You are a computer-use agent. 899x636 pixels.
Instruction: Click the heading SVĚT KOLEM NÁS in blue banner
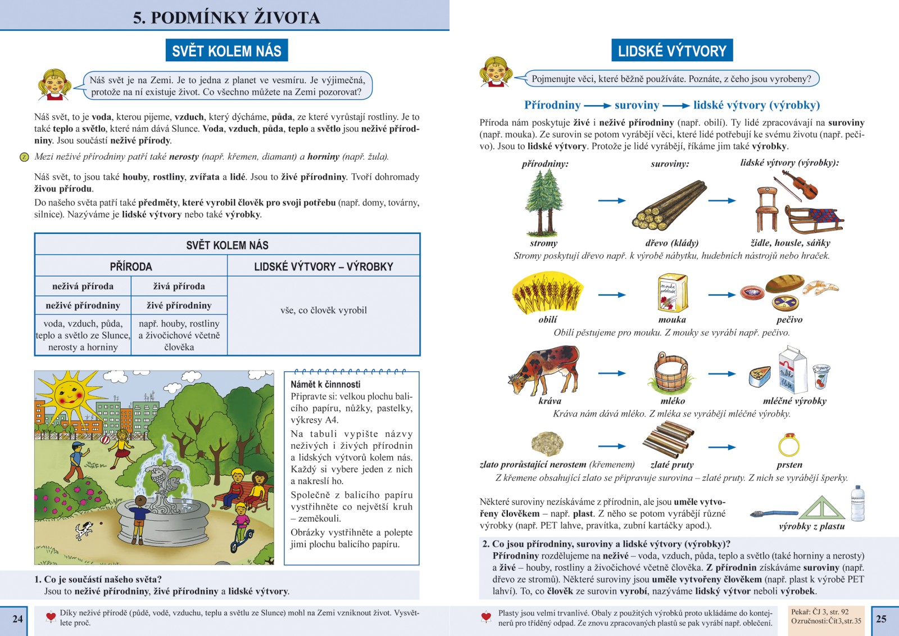[226, 51]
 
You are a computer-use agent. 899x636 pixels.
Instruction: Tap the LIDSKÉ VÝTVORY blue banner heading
[671, 51]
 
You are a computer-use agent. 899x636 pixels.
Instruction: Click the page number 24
[17, 619]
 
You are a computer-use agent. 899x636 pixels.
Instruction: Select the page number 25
[881, 619]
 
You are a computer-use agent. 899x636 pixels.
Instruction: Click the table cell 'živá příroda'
[179, 286]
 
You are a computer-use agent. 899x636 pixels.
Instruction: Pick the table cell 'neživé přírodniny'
[83, 305]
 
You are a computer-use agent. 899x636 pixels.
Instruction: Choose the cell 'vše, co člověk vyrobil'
[323, 310]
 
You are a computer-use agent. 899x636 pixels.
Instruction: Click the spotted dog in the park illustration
[85, 530]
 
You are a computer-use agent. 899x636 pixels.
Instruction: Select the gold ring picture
[789, 445]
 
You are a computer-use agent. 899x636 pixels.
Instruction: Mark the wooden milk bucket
[672, 372]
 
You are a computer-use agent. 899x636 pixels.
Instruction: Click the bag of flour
[673, 292]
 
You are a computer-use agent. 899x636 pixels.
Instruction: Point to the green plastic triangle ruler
[821, 508]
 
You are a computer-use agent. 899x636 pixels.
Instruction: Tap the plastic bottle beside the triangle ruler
[857, 503]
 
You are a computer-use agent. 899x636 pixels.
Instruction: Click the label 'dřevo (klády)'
[671, 243]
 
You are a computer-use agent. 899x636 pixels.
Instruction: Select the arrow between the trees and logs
[611, 201]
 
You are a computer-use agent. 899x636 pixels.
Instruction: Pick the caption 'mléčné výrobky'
[794, 401]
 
